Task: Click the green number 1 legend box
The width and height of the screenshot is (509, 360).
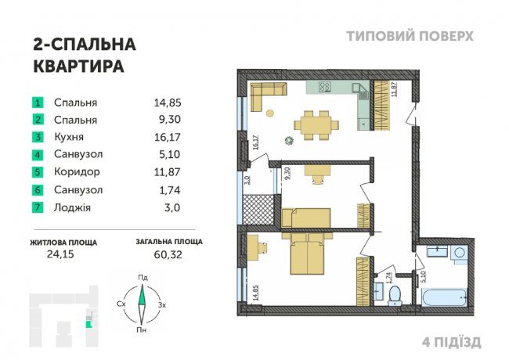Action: click(36, 103)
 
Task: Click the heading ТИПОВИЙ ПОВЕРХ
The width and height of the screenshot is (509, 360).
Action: click(409, 36)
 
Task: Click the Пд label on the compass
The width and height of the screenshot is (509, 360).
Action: click(143, 277)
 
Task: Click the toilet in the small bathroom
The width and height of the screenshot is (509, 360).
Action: click(395, 293)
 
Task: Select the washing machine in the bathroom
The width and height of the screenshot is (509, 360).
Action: click(458, 254)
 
